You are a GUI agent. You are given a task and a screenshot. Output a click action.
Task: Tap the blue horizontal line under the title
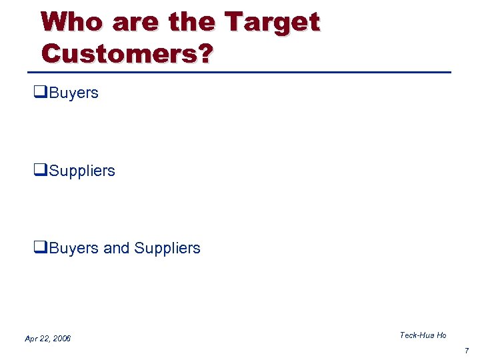click(243, 72)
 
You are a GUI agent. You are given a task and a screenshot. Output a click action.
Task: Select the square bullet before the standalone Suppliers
click(38, 171)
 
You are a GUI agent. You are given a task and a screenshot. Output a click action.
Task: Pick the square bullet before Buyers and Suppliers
click(38, 248)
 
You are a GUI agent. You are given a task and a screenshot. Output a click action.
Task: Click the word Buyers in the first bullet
click(73, 93)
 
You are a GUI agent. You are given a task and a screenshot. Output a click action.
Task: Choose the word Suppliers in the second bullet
click(82, 171)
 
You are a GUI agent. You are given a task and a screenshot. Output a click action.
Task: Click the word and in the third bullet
click(117, 248)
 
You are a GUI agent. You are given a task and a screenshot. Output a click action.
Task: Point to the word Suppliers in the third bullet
click(167, 249)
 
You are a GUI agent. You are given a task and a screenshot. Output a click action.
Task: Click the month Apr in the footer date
click(31, 339)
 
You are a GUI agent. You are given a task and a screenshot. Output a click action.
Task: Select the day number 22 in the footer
click(45, 339)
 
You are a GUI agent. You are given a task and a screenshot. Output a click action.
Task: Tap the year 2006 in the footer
click(61, 339)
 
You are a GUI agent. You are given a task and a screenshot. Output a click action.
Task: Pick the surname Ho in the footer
click(441, 335)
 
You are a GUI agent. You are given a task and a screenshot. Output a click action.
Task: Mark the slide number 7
click(467, 350)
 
